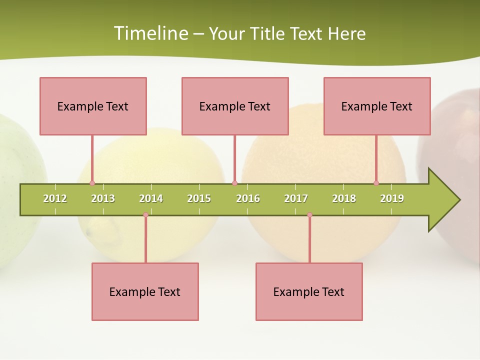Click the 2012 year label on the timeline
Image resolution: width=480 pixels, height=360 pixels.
point(55,198)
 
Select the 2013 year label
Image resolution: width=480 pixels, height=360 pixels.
point(103,198)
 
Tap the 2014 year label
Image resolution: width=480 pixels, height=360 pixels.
point(151,198)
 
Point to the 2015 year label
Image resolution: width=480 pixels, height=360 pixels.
point(199,198)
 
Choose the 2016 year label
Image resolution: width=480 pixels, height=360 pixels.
point(248,198)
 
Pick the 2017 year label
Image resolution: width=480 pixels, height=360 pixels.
point(296,198)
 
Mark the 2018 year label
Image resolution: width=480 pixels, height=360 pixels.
point(344,198)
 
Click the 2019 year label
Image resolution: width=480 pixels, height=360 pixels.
point(392,198)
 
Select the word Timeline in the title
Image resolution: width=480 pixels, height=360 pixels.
point(150,33)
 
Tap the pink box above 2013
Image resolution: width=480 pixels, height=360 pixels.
point(93,106)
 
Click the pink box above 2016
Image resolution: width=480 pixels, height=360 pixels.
point(235,106)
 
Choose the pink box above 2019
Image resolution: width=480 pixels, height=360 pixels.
point(377,106)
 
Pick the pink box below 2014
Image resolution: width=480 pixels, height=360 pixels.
point(145,291)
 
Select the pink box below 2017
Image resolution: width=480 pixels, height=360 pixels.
point(309,291)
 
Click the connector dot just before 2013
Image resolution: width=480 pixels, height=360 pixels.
point(92,183)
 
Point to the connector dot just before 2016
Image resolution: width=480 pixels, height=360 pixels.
point(234,183)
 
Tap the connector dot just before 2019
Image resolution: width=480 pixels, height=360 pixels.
point(376,183)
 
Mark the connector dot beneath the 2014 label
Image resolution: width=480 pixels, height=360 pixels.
point(145,214)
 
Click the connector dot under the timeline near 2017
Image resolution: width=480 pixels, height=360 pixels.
point(309,214)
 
